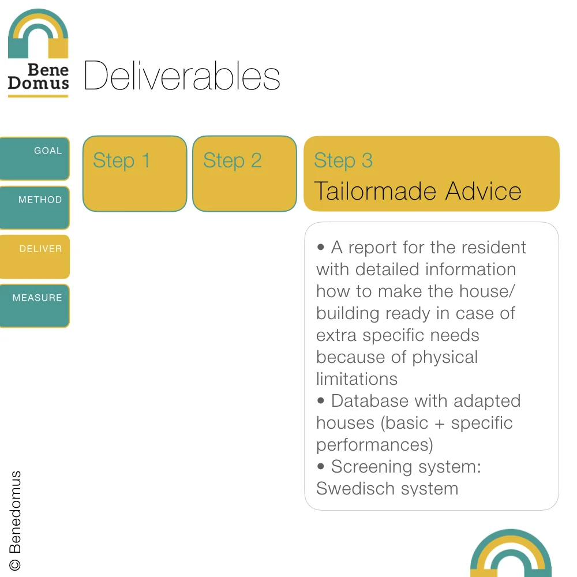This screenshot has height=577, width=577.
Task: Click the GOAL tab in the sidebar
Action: [x=35, y=158]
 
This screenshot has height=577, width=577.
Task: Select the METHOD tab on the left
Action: [x=35, y=207]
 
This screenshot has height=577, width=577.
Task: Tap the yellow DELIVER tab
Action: [x=35, y=256]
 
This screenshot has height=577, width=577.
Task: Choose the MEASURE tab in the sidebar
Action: [x=35, y=305]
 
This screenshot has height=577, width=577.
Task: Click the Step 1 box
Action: [x=134, y=173]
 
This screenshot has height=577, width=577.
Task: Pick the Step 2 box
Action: [x=244, y=173]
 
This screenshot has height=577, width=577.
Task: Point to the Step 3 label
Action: [x=343, y=160]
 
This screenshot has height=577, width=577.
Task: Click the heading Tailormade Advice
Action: [x=417, y=191]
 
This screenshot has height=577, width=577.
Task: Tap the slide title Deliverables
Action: [x=182, y=76]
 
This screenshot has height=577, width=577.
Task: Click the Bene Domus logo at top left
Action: [x=38, y=53]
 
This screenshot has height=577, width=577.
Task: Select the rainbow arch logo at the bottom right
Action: [x=511, y=554]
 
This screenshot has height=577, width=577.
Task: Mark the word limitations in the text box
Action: [x=357, y=379]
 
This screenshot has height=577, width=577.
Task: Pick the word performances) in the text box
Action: [x=374, y=445]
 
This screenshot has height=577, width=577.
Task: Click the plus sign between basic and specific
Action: [x=440, y=424]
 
